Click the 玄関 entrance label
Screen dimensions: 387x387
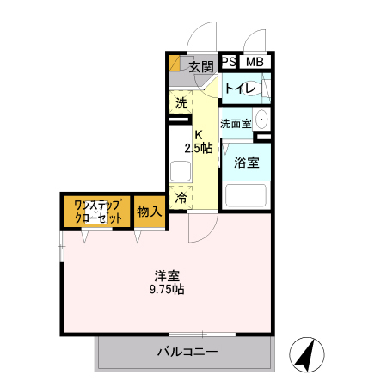pos(200,65)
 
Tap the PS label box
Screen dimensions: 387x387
pos(229,61)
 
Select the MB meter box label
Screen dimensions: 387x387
pos(254,61)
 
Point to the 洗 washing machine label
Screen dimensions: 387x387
pos(181,103)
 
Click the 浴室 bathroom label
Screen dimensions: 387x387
pos(248,163)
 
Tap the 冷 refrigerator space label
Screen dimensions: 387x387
pos(181,198)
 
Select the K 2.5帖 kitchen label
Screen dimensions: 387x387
pos(200,140)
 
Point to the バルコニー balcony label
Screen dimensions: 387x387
pos(187,351)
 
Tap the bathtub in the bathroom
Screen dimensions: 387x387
pos(247,196)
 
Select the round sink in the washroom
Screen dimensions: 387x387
pos(262,120)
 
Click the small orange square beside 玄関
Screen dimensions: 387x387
pos(175,62)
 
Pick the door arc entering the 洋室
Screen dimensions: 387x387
pos(204,229)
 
